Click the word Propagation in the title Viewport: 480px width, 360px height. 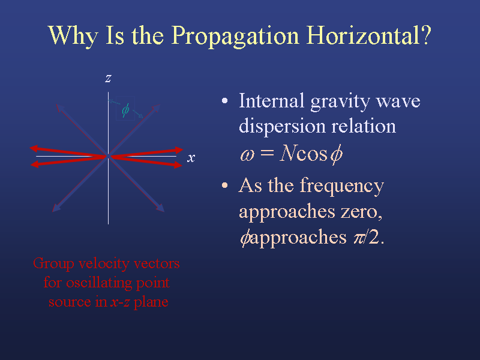point(235,37)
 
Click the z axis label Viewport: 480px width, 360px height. point(108,79)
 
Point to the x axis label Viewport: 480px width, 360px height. point(191,158)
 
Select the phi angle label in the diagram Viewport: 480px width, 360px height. point(125,110)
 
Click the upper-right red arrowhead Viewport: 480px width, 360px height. point(179,150)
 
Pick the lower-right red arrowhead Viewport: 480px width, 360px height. point(178,164)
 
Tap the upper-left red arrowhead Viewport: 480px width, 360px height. point(34,148)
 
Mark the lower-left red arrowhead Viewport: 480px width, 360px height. point(35,164)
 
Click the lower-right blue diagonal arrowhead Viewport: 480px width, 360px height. point(160,208)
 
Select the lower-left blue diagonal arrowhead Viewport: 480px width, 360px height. point(56,208)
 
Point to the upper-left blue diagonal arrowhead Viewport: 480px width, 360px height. point(60,108)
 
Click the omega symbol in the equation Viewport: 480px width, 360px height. point(247,155)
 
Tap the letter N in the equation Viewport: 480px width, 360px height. point(287,153)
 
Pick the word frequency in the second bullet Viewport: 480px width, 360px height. point(341,187)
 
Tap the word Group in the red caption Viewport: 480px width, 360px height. point(53,264)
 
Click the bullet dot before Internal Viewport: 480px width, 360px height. point(224,101)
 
